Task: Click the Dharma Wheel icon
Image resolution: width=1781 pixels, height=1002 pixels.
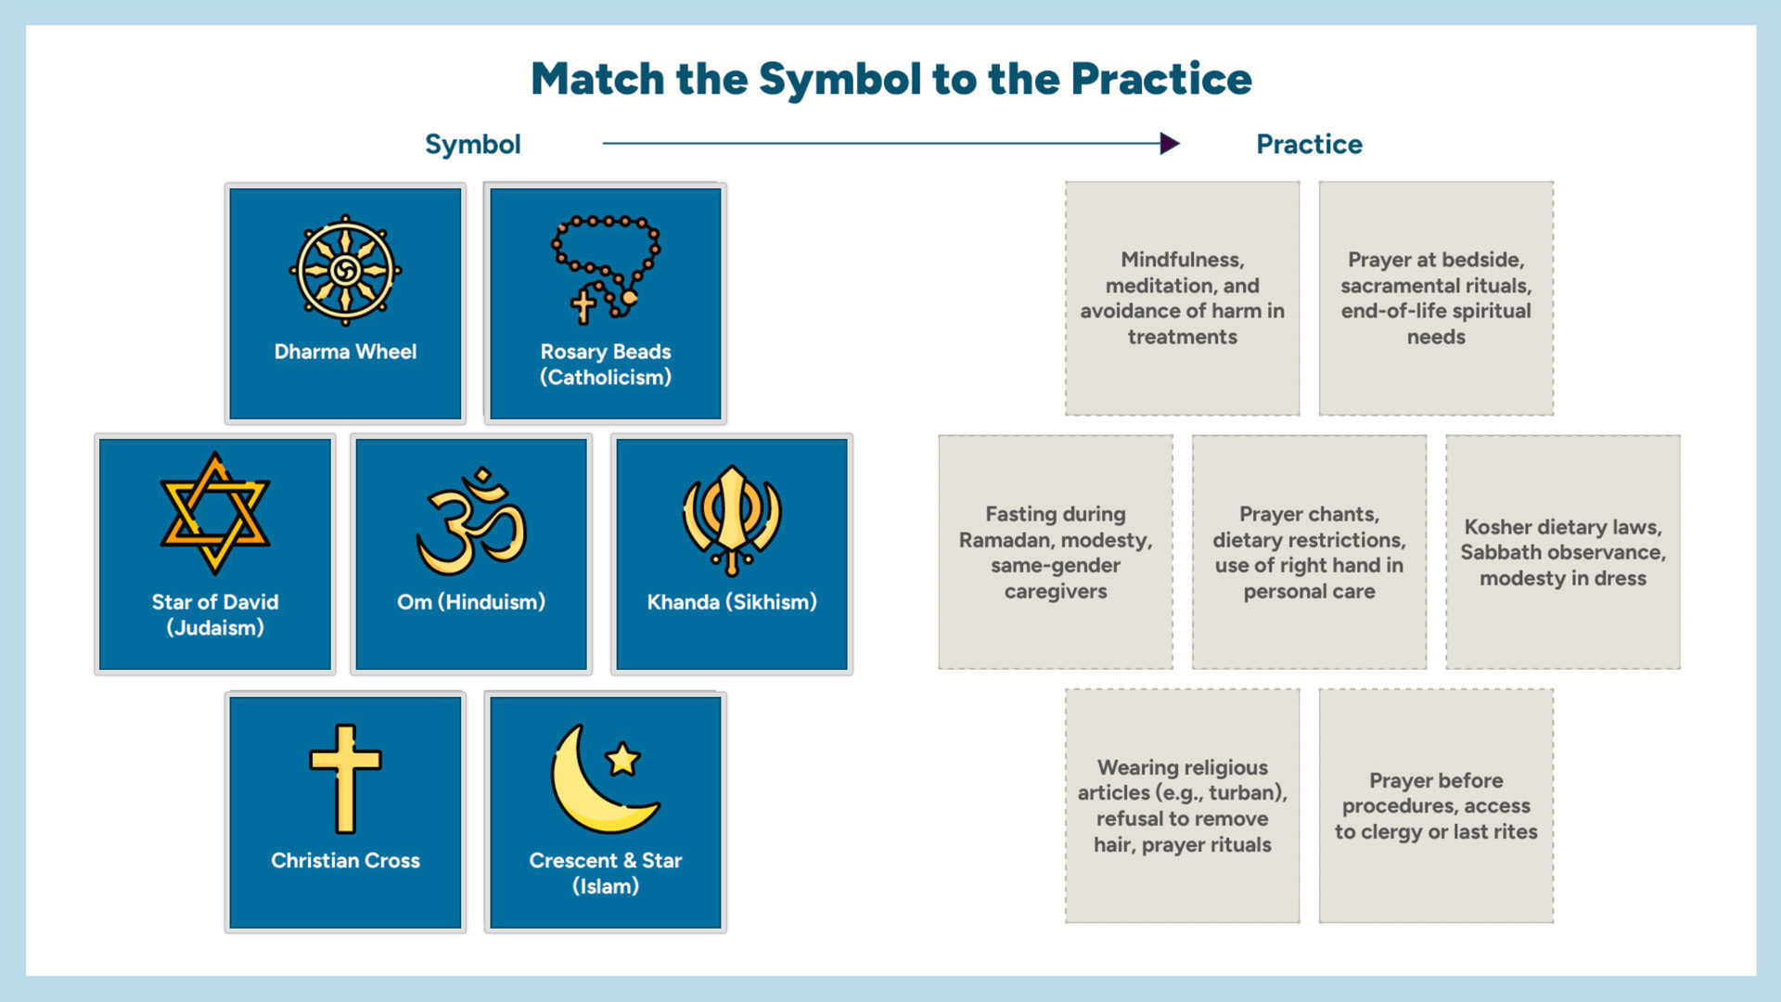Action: [345, 271]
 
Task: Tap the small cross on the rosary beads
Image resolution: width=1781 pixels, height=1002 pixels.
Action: [583, 306]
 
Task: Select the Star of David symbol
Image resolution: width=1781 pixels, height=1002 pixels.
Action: [215, 513]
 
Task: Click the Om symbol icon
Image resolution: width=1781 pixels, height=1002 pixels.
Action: [471, 521]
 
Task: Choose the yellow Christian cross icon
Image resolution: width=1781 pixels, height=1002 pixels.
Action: [345, 778]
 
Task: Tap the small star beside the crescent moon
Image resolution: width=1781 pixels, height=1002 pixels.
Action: [622, 759]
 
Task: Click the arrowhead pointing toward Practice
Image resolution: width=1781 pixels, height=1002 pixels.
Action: [1170, 143]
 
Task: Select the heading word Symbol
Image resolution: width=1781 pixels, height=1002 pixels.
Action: [473, 145]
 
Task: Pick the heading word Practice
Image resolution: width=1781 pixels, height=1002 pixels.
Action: [1309, 145]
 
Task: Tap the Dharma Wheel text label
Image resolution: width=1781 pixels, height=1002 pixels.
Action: [345, 352]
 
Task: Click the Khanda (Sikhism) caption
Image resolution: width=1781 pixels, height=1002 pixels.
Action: [732, 602]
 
